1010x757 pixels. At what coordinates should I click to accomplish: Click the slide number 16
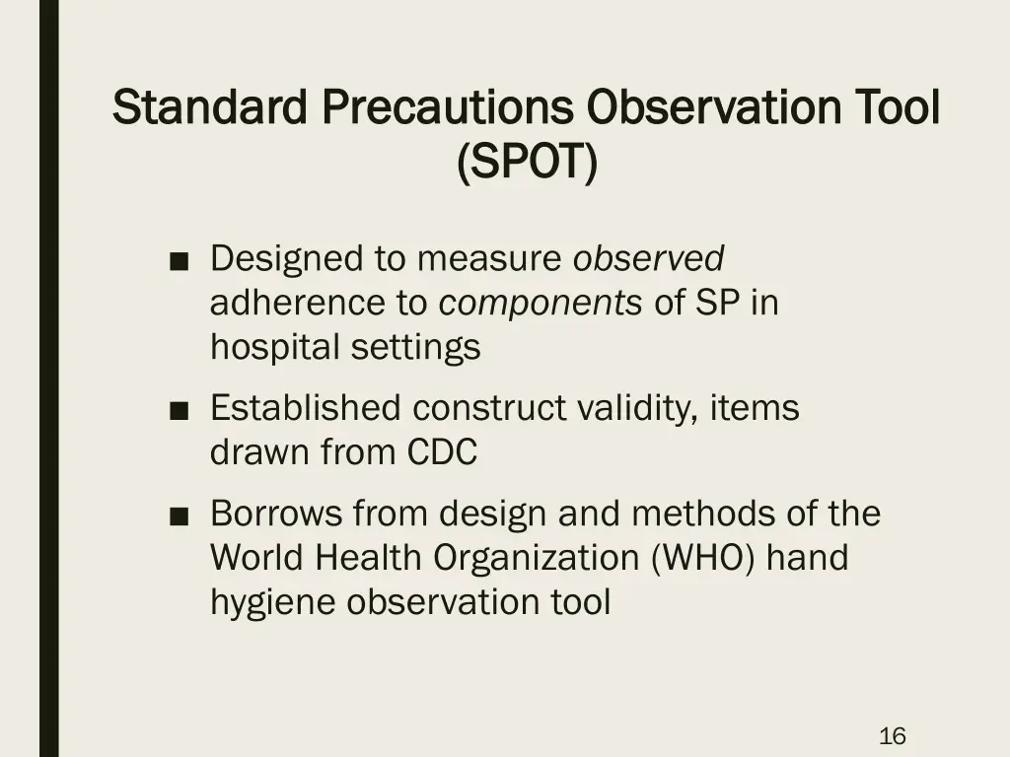pos(892,735)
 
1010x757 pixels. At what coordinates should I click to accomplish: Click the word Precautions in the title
pos(448,107)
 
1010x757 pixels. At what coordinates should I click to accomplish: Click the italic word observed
pos(649,259)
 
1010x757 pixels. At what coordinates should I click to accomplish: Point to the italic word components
pos(541,304)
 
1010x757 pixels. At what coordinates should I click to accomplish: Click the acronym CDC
pos(442,452)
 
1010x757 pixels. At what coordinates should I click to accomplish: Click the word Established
pos(307,408)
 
